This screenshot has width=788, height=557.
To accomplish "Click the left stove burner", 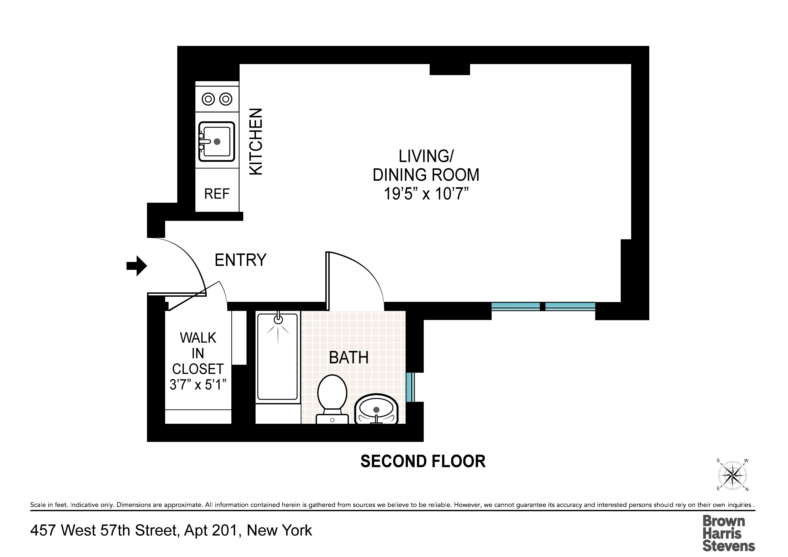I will click(208, 99).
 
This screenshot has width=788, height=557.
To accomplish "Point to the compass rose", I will click(732, 475).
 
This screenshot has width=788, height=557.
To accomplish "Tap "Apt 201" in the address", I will click(210, 530).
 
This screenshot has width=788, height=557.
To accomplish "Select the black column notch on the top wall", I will click(450, 69).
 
